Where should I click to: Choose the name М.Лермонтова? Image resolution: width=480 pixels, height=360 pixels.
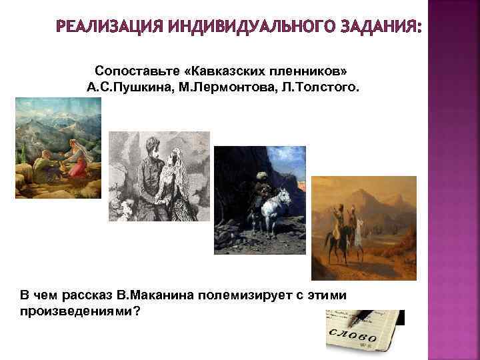(x=213, y=87)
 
